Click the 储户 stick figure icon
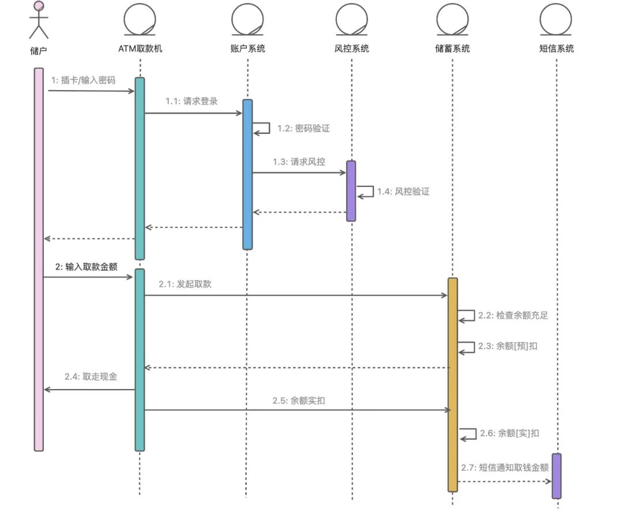pos(39,20)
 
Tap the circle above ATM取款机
pos(140,20)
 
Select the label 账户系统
pos(247,48)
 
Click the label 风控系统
pos(352,48)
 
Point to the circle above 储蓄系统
pos(452,20)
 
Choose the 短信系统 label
pos(557,48)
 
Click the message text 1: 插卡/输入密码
pos(83,80)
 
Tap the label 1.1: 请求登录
pos(192,101)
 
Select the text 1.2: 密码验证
pos(303,128)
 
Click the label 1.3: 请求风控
pos(299,162)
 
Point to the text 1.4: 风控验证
pos(403,191)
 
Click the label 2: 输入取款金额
pos(87,267)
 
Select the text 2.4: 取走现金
pos(91,376)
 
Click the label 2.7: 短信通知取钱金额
pos(505,467)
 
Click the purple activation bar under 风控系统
pos(351,190)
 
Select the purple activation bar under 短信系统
pos(557,476)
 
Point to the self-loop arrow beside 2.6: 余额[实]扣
pos(468,434)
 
